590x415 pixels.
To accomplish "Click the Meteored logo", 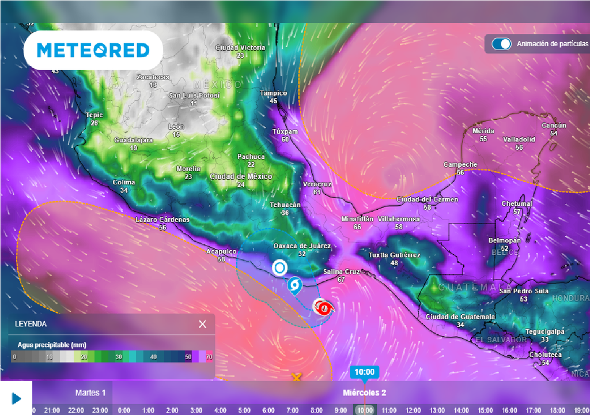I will pos(93,51).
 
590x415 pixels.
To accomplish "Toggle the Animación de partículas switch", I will pos(501,44).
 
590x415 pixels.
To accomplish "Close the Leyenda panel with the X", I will pos(202,324).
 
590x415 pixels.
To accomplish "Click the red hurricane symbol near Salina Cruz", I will pos(324,308).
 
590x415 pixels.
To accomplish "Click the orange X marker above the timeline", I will pos(296,378).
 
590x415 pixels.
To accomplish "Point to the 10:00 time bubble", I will pos(364,372).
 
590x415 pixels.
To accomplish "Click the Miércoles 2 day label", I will pos(364,393).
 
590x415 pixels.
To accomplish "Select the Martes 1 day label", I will pos(90,393).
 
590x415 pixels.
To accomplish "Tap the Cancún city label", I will pos(554,126).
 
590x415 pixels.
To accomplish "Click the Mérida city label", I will pos(483,131).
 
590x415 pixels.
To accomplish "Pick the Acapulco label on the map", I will pos(221,252).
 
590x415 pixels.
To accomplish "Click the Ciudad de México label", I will pos(241,176).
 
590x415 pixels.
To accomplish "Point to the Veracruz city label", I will pos(317,184).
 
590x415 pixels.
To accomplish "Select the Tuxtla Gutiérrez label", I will pos(395,255).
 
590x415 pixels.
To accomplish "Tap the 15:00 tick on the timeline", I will pos(485,410).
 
